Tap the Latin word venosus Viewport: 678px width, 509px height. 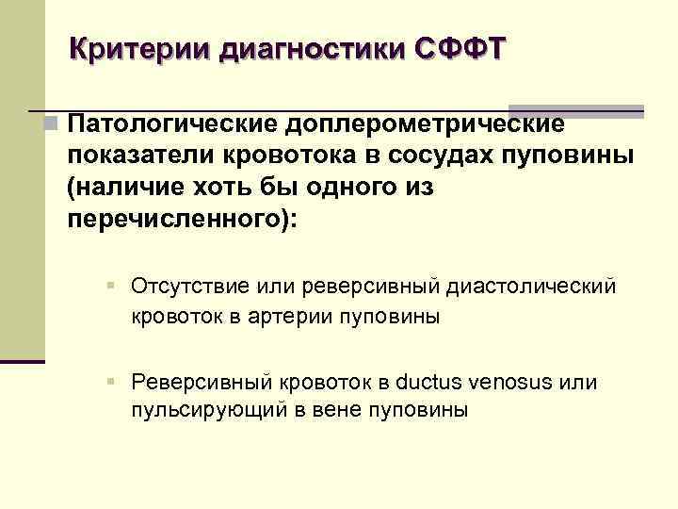tap(514, 382)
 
